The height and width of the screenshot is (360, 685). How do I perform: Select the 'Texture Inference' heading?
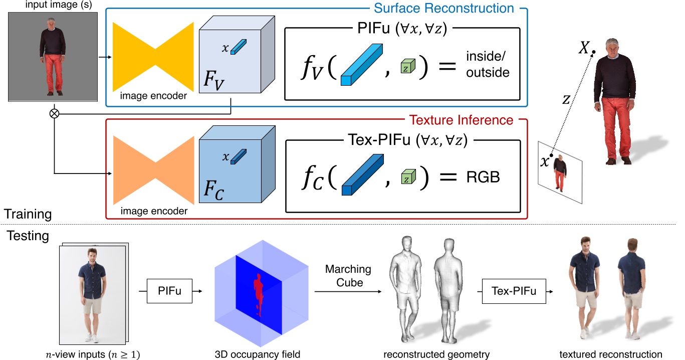(461, 120)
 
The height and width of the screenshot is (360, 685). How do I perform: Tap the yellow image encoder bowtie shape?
(153, 56)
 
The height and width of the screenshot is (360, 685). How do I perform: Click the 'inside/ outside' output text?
(488, 65)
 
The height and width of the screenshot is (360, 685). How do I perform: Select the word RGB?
(484, 177)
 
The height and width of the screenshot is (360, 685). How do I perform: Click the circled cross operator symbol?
(54, 113)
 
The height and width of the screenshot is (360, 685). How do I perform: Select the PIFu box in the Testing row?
(169, 290)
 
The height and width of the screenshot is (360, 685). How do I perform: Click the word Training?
(29, 214)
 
